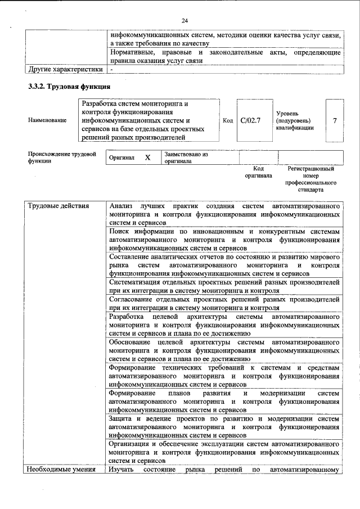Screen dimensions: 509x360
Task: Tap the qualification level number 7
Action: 335,120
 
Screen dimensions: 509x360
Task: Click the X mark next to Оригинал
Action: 147,158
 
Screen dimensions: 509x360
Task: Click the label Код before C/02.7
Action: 228,120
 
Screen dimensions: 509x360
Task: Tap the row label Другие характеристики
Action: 65,70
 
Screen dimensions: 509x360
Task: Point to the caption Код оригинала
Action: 258,172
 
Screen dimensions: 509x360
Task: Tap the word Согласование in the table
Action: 135,299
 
